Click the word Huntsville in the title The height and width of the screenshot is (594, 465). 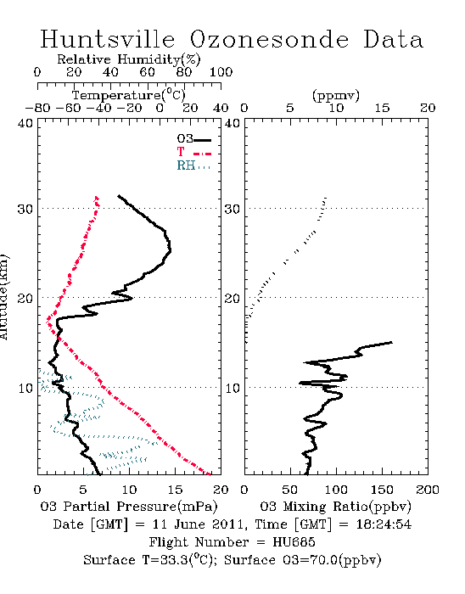[108, 39]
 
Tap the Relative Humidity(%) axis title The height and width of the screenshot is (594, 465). [129, 59]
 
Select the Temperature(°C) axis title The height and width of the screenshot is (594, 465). [129, 95]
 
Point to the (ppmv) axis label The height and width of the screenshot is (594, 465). [336, 95]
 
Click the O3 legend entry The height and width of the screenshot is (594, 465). [193, 138]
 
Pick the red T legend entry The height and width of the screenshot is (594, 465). [193, 152]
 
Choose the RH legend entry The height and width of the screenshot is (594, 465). [193, 165]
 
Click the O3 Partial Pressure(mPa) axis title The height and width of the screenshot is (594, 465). [129, 507]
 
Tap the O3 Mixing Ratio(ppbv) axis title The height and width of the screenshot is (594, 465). [335, 507]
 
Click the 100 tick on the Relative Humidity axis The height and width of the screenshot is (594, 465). [221, 72]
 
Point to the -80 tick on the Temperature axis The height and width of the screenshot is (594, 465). [37, 108]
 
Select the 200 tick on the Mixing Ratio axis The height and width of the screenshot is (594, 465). [428, 490]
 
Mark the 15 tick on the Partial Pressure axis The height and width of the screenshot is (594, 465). [175, 490]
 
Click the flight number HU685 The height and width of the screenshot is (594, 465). [294, 542]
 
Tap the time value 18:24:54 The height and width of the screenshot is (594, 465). [384, 524]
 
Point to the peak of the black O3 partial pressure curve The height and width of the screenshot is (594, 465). [171, 250]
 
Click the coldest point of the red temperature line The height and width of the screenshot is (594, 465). [47, 322]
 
